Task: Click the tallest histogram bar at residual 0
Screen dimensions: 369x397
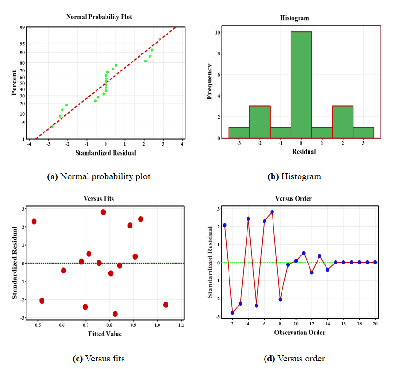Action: tap(301, 85)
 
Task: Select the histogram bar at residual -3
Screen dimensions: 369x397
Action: tap(239, 133)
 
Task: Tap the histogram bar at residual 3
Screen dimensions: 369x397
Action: tap(363, 133)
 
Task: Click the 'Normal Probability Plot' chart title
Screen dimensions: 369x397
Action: tap(99, 17)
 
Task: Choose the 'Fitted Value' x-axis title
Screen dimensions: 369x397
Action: tap(105, 334)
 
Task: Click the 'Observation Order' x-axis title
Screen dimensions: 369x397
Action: tap(300, 333)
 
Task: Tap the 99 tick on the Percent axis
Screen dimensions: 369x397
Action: tap(22, 27)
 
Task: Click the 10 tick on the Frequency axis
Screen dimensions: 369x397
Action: tap(217, 32)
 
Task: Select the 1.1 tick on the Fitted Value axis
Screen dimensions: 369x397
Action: tap(181, 325)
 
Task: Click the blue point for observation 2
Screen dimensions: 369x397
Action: tap(232, 313)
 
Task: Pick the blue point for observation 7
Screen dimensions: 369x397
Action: tap(272, 212)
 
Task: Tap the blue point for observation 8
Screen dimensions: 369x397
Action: tap(280, 299)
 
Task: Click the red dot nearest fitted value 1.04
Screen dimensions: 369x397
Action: tap(166, 305)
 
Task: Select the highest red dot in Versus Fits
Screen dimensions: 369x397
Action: tap(103, 212)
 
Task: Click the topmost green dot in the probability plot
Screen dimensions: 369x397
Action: tap(159, 39)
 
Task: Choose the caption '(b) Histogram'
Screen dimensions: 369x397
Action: tap(294, 177)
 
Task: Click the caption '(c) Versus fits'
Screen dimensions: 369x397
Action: tap(99, 359)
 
